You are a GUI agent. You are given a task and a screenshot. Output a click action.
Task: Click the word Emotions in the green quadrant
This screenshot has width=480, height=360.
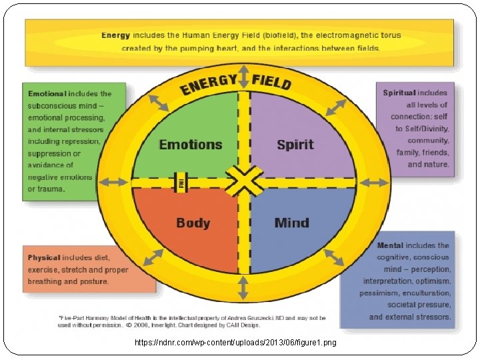[190, 145]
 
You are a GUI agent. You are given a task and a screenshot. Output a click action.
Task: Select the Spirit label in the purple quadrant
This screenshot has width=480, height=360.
[295, 145]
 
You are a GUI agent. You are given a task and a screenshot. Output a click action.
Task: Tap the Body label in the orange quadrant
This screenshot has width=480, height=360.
[193, 223]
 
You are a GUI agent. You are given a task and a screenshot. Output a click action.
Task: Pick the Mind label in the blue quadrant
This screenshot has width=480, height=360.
[292, 223]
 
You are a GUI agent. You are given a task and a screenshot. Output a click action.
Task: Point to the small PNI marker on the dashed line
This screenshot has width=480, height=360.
[180, 182]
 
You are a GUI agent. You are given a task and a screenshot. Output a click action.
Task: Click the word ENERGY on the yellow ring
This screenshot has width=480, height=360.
[208, 85]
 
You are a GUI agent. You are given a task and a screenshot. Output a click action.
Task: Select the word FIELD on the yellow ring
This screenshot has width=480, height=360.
[271, 81]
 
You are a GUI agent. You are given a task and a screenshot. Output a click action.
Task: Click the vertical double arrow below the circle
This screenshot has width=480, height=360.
[243, 287]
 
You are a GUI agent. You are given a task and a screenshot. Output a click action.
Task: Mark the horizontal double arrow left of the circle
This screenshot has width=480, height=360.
[113, 181]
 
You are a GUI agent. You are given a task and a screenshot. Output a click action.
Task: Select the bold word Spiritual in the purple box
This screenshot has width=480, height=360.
[399, 93]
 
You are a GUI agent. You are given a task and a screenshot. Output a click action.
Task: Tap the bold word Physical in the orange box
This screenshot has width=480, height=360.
[44, 257]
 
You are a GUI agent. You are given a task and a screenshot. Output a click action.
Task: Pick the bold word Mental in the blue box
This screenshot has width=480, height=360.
[390, 245]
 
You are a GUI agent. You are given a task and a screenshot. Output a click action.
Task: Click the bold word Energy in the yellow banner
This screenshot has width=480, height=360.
[115, 35]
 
